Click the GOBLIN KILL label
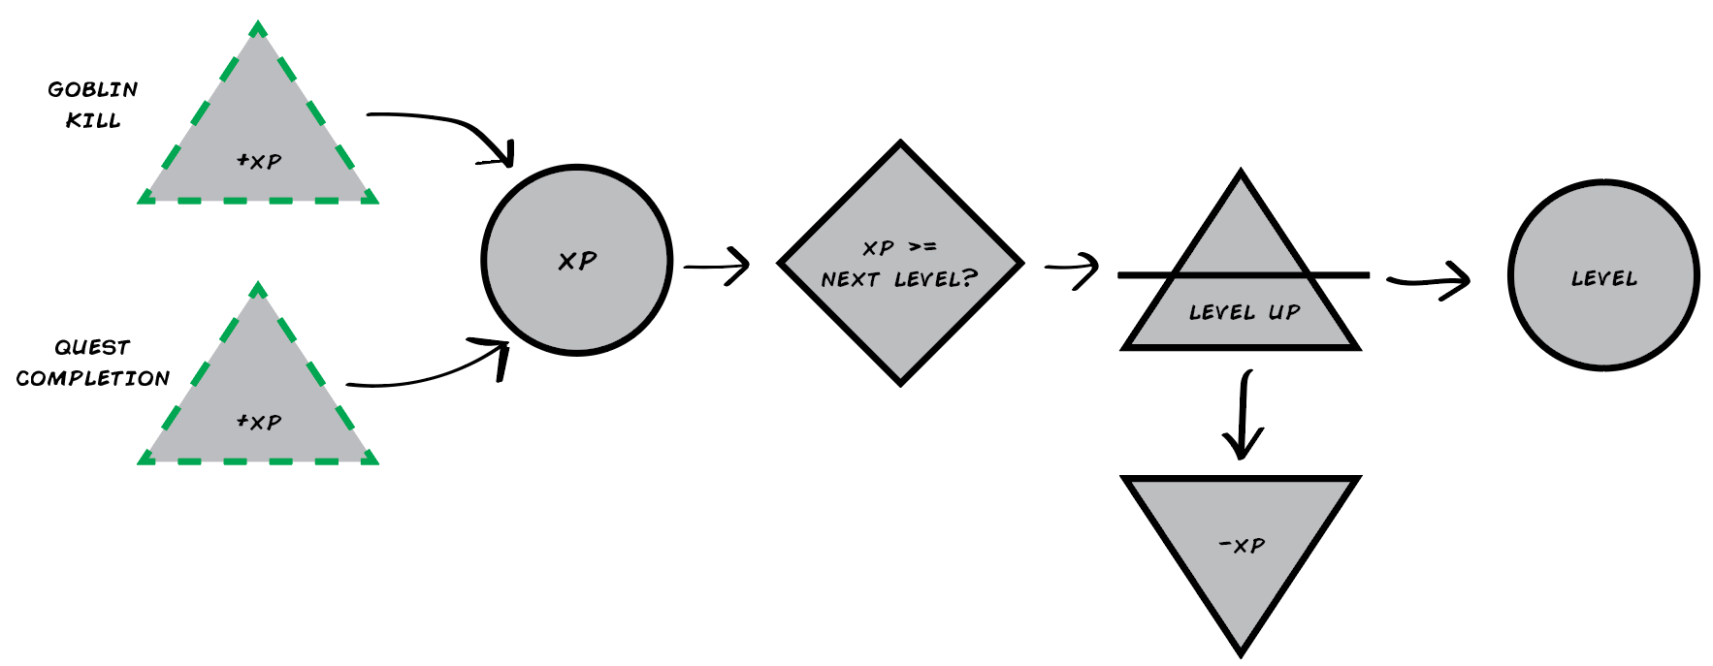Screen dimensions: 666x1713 pyautogui.click(x=93, y=105)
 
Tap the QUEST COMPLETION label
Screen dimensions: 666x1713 pyautogui.click(x=93, y=363)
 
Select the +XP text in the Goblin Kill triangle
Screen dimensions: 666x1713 pyautogui.click(x=259, y=161)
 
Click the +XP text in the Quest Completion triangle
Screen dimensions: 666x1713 pyautogui.click(x=259, y=422)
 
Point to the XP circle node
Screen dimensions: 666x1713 pyautogui.click(x=577, y=261)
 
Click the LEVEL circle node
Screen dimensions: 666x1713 pyautogui.click(x=1603, y=275)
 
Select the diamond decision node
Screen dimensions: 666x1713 pyautogui.click(x=900, y=263)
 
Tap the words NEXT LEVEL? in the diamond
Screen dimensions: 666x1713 pyautogui.click(x=899, y=280)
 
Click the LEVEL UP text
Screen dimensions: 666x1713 pyautogui.click(x=1244, y=312)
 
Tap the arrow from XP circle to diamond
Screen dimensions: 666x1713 pyautogui.click(x=717, y=266)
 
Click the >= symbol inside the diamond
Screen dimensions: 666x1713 pyautogui.click(x=922, y=247)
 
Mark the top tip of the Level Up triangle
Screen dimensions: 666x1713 pyautogui.click(x=1241, y=174)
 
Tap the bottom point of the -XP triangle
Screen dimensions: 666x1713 pyautogui.click(x=1241, y=652)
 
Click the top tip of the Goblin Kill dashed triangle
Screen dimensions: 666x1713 pyautogui.click(x=258, y=25)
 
